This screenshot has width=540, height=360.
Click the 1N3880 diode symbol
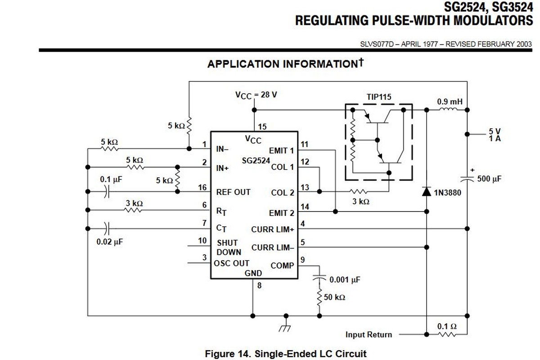[426, 192]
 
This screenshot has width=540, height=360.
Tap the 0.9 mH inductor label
[450, 102]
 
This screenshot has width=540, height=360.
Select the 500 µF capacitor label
[489, 179]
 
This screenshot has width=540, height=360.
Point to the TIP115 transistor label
[379, 97]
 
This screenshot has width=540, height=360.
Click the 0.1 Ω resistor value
[447, 326]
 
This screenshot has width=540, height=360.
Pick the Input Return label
[369, 334]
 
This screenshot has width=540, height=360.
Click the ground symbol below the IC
[284, 325]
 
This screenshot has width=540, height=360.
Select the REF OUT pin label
[233, 192]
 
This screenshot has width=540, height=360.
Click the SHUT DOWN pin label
[229, 247]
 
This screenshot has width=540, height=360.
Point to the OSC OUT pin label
[232, 263]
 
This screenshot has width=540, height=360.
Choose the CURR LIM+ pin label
[273, 229]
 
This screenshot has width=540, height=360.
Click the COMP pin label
[282, 265]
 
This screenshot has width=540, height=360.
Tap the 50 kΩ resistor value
[335, 297]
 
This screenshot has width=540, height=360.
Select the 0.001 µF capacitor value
[345, 279]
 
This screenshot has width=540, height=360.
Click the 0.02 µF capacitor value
[109, 242]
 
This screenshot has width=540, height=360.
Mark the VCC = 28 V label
[256, 95]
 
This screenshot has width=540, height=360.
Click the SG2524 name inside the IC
[256, 160]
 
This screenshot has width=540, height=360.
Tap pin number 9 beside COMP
[302, 259]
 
